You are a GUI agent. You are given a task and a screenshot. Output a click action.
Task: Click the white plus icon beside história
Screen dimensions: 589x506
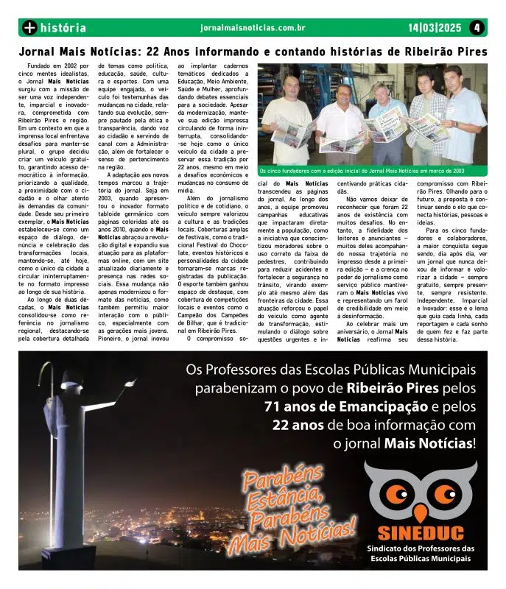(x=29, y=28)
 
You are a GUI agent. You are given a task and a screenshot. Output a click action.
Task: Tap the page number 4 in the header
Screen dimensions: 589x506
(x=477, y=28)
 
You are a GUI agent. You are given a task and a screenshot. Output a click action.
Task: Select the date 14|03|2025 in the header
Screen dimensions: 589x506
(x=435, y=28)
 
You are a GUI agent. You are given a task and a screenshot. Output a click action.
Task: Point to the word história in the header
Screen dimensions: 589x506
(x=63, y=28)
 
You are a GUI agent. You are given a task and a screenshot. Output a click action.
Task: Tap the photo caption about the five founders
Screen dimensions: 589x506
(x=370, y=170)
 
